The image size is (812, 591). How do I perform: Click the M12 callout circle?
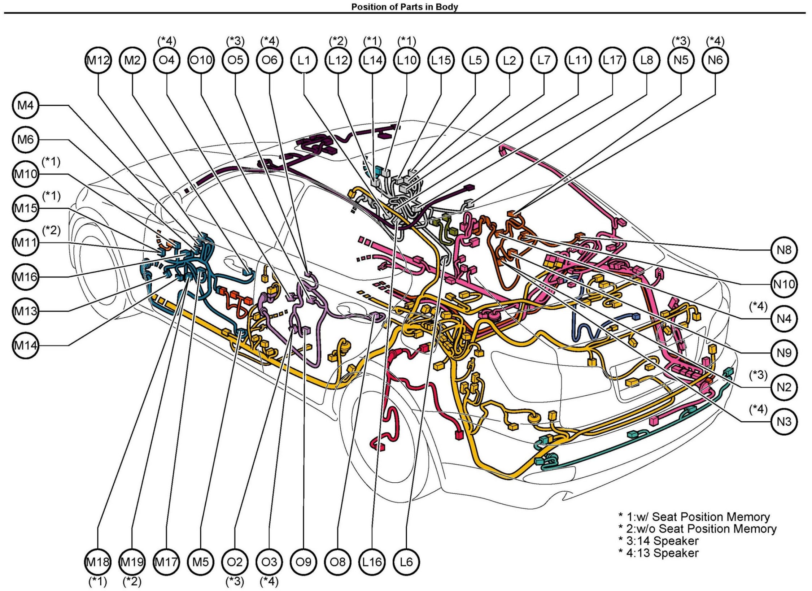(98, 60)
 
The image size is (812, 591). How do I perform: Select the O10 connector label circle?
(201, 60)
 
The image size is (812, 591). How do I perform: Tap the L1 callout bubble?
(304, 60)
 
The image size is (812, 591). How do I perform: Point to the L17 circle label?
(612, 60)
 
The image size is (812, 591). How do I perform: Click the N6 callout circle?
(715, 60)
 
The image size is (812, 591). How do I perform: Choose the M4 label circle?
(25, 105)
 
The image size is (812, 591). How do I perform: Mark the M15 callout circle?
(25, 208)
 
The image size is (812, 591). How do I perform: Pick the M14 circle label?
(25, 346)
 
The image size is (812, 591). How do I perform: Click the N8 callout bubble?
(784, 250)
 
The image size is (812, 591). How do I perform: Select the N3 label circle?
(784, 421)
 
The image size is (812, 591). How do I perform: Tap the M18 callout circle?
(98, 562)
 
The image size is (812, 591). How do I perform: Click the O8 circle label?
(338, 562)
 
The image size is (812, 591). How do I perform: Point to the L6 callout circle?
(406, 562)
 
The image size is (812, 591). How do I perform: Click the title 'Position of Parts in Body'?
(405, 7)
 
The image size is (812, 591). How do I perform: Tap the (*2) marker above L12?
(338, 42)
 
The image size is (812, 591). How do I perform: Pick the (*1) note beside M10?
(51, 162)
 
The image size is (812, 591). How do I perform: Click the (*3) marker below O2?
(235, 582)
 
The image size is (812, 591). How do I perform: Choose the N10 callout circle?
(784, 284)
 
